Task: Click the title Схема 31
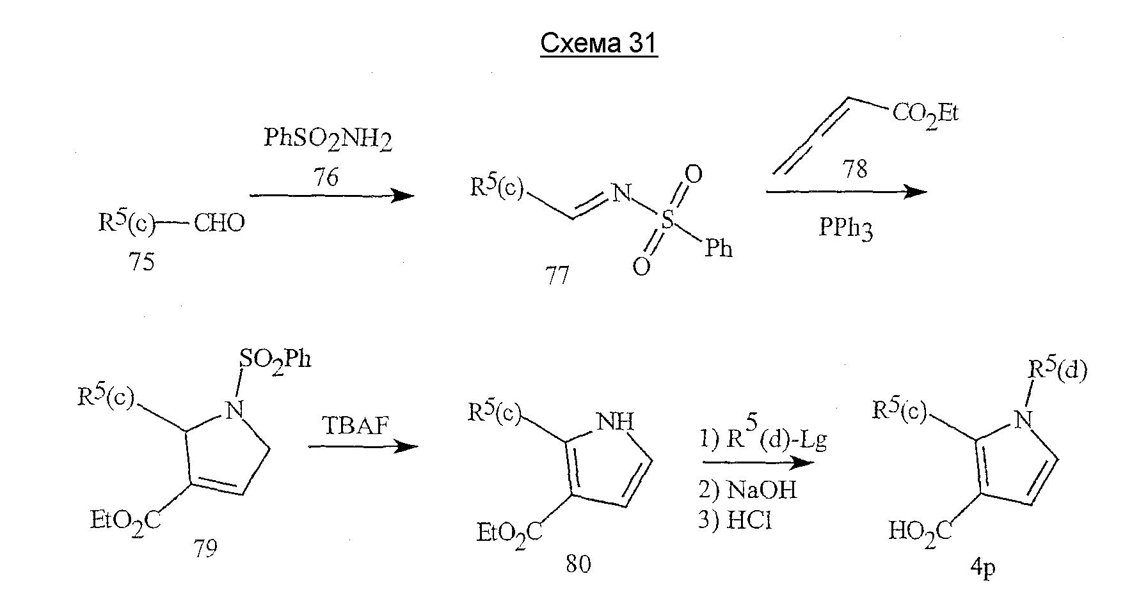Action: [598, 44]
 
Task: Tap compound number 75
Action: [141, 263]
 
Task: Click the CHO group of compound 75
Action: [219, 224]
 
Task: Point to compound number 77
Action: [557, 276]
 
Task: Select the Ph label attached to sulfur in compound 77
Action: [718, 248]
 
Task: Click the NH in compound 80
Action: [615, 421]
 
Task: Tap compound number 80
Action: [578, 564]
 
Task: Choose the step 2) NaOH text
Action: [747, 490]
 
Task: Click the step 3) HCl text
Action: [735, 521]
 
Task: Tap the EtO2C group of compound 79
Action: [125, 522]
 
